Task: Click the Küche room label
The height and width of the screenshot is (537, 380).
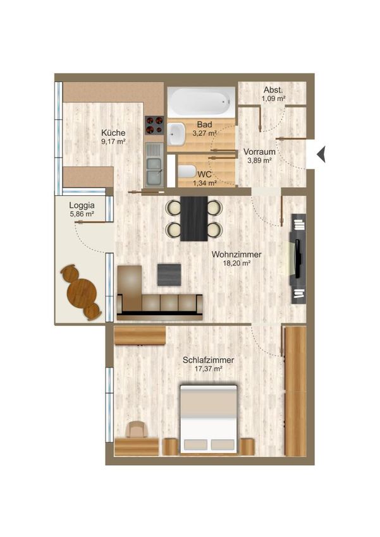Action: (113, 133)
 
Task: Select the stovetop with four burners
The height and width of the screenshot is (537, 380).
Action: (154, 124)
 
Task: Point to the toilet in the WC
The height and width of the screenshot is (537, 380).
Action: (186, 171)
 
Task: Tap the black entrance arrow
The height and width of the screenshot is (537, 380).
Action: (321, 154)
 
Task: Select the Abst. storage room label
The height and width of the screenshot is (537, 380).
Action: (273, 90)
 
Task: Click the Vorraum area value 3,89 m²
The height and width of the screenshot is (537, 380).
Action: (259, 160)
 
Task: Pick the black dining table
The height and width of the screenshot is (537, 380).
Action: (194, 219)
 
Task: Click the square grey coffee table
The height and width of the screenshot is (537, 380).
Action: (169, 274)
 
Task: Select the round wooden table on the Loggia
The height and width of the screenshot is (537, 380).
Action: (82, 293)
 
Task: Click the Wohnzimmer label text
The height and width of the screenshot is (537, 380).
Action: (236, 255)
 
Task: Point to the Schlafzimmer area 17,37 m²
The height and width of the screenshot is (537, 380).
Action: (208, 369)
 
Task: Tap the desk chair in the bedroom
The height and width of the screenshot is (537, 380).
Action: (137, 430)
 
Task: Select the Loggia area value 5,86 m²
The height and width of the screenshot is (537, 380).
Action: (82, 214)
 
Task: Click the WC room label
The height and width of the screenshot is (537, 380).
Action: (205, 174)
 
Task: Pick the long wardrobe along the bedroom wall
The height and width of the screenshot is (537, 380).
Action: (295, 391)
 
